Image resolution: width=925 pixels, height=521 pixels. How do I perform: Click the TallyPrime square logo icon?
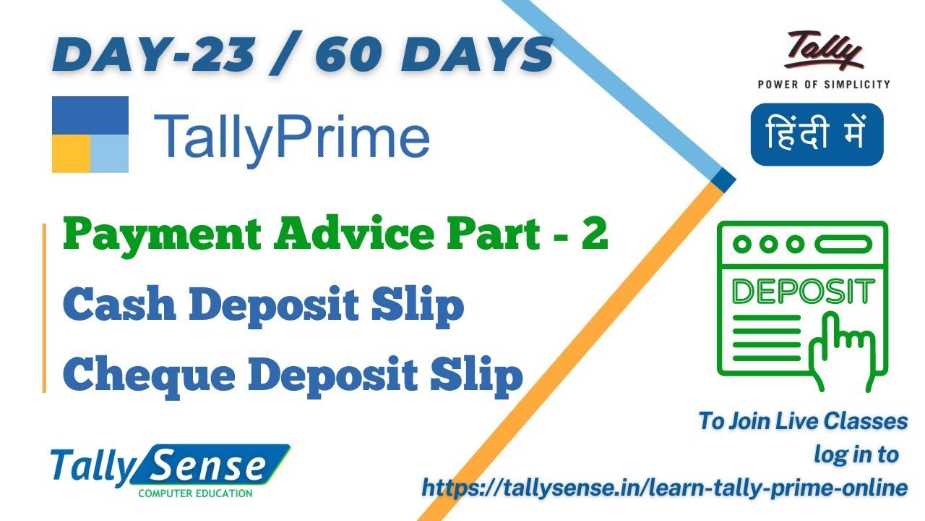pos(90,135)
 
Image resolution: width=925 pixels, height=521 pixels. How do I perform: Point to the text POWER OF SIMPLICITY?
pos(823,84)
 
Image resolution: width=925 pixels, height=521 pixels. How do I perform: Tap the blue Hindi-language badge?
pos(817,135)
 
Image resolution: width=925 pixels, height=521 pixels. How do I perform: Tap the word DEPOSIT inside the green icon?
pos(801,292)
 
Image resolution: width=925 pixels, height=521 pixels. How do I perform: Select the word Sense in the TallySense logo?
pos(210,467)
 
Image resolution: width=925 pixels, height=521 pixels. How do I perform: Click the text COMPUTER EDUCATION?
pos(195,494)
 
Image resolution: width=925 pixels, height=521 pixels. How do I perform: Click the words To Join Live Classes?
pos(802,421)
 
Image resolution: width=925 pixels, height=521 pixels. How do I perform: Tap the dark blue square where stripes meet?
pos(722,179)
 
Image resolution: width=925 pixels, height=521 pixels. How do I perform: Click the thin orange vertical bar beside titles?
pos(44,308)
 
